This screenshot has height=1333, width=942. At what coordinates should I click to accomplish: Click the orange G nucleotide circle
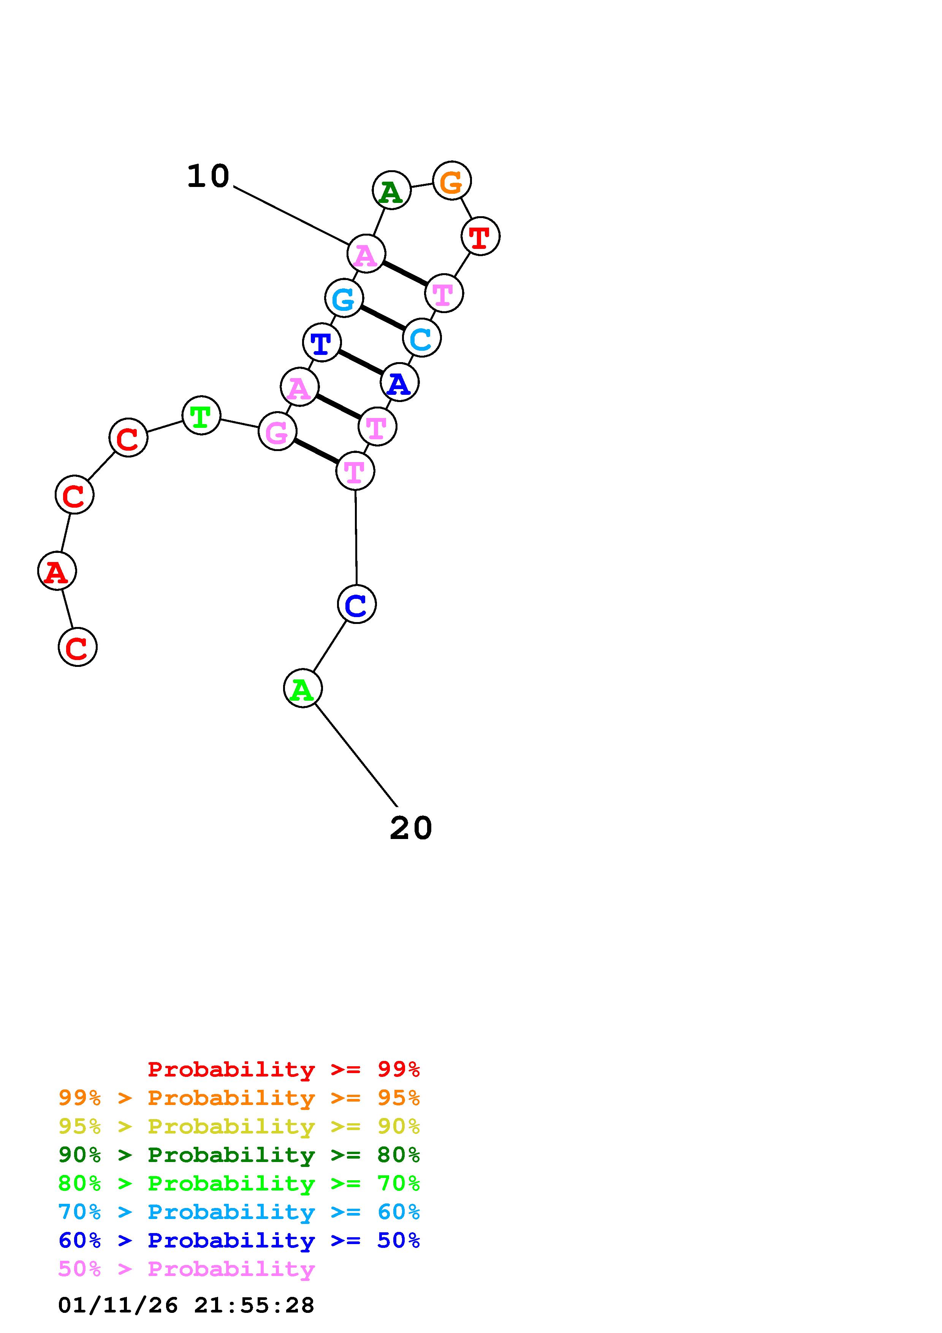coord(451,180)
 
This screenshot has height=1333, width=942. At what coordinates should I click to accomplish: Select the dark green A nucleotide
coord(392,190)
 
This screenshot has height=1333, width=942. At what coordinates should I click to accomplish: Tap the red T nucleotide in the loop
coord(480,236)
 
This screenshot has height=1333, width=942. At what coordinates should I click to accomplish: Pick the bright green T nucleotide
coord(201,415)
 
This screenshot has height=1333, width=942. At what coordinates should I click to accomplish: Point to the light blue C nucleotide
coord(421,338)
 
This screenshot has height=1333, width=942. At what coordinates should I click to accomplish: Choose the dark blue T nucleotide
coord(321,342)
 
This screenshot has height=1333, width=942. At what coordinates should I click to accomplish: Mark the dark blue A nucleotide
coord(399,383)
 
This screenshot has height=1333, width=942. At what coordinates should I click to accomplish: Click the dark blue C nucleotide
coord(356,604)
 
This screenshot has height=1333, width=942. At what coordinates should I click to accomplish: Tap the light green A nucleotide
coord(302,688)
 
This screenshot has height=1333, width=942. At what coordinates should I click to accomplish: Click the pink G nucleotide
coord(277,431)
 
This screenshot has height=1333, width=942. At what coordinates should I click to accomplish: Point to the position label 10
coord(208,176)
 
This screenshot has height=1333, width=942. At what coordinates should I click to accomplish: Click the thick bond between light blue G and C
coord(383,318)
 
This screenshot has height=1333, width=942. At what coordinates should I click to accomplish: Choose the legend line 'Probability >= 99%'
coord(283,1069)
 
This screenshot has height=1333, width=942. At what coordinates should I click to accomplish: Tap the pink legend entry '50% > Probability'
coord(186,1269)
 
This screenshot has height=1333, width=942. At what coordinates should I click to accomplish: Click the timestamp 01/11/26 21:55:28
coord(186,1305)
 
